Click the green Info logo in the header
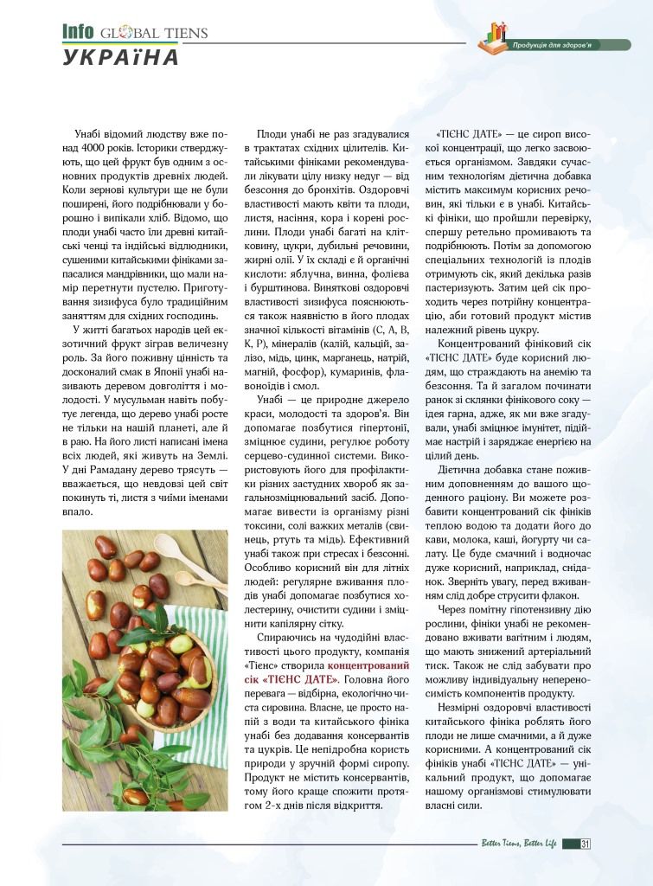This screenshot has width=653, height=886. pyautogui.click(x=77, y=32)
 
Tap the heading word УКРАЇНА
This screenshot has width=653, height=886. pyautogui.click(x=120, y=58)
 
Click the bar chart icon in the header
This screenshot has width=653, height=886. pyautogui.click(x=496, y=36)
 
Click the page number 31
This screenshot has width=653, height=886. pyautogui.click(x=586, y=844)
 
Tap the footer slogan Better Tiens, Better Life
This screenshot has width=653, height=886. pyautogui.click(x=519, y=844)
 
